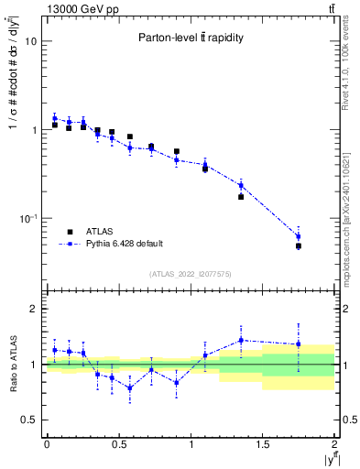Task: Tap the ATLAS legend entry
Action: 100,231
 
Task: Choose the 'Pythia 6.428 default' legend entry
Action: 124,244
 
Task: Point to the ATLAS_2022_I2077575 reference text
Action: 191,273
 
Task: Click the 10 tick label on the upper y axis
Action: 30,42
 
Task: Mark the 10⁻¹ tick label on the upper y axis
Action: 28,219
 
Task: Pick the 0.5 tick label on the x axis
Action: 118,444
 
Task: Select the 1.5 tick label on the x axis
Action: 262,444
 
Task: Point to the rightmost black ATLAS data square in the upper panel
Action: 299,246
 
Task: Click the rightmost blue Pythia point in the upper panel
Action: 299,236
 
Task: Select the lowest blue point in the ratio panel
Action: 130,387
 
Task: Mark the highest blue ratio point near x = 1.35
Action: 241,340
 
